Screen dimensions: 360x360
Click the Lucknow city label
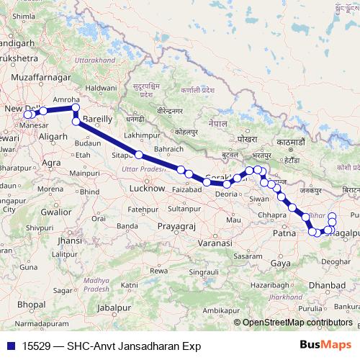[x=145, y=188]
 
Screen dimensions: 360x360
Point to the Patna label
[x=285, y=234]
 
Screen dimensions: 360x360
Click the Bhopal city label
[x=32, y=305]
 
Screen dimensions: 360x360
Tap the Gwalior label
[x=55, y=212]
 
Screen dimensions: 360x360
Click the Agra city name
[x=51, y=163]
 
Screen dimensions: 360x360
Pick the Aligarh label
[x=53, y=135]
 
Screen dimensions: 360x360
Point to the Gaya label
[x=280, y=264]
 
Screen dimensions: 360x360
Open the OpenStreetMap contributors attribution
[x=297, y=323]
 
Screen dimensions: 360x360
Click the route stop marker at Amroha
[x=75, y=109]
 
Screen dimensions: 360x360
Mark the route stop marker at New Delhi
[x=28, y=114]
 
